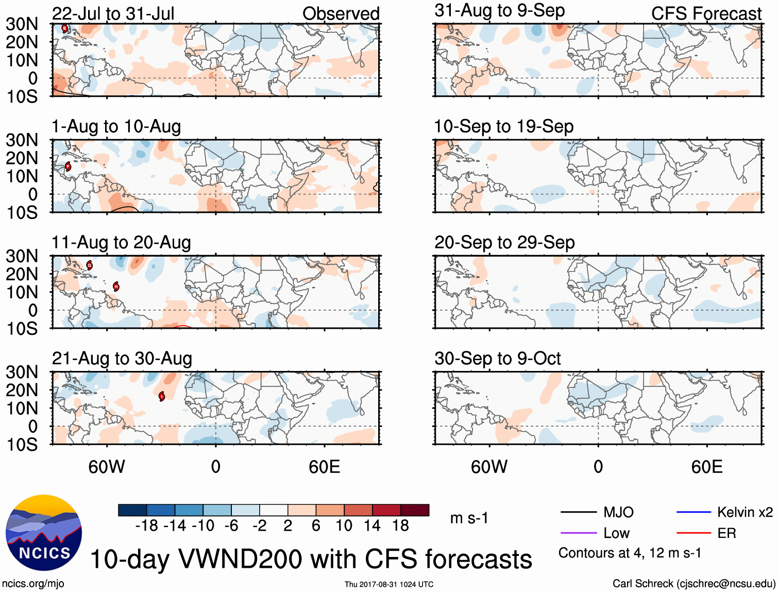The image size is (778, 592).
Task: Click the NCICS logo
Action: [x=44, y=532]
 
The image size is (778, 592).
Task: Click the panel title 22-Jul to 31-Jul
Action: [x=113, y=13]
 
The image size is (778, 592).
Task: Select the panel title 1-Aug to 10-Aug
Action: [x=116, y=126]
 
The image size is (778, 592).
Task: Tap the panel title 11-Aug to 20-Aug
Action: [x=121, y=242]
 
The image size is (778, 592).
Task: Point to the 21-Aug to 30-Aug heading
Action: [x=122, y=358]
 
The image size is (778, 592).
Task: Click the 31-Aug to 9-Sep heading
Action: [x=499, y=10]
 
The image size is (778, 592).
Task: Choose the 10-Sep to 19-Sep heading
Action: [x=503, y=126]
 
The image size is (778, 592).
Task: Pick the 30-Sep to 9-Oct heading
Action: [x=497, y=358]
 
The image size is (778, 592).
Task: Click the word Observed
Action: [x=341, y=13]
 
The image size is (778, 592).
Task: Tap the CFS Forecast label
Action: [x=706, y=13]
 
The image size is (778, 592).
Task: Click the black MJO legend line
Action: [x=578, y=512]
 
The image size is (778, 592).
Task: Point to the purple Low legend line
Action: [x=578, y=533]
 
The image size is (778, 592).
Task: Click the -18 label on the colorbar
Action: [x=146, y=526]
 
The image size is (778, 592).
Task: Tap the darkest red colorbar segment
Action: [x=415, y=510]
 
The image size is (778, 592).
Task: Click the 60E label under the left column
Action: [x=324, y=467]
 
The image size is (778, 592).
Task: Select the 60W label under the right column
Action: [x=489, y=467]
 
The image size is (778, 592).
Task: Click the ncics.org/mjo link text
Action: [x=33, y=583]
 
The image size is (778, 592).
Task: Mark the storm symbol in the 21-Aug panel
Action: [x=162, y=396]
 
